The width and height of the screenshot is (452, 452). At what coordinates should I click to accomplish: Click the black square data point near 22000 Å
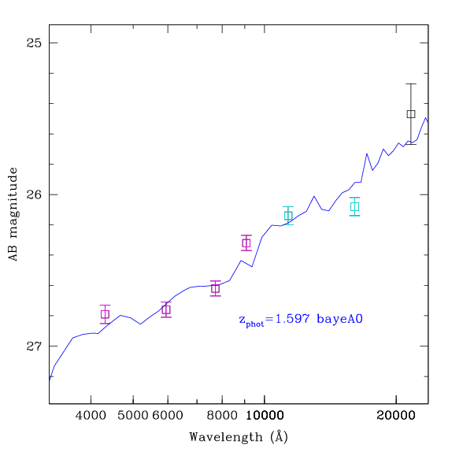tap(411, 114)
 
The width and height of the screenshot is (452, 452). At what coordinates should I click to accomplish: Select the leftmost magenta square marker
tap(105, 314)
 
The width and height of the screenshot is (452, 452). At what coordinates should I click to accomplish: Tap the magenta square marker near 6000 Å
tap(166, 310)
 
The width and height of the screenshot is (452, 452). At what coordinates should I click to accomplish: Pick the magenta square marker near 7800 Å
tap(215, 288)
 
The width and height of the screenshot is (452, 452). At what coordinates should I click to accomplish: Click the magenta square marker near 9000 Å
tap(246, 243)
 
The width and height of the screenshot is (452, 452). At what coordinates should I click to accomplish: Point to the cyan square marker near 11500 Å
tap(288, 216)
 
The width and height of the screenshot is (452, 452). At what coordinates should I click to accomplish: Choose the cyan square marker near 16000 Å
tap(354, 206)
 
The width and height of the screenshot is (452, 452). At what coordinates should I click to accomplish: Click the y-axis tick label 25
tap(34, 43)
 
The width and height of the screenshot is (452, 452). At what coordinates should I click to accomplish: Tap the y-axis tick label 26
tap(34, 195)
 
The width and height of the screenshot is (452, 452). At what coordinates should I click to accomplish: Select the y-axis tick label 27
tap(34, 346)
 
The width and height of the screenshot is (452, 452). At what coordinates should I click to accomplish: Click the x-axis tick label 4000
tap(91, 416)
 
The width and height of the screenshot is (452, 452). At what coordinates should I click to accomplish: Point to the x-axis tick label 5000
tap(133, 416)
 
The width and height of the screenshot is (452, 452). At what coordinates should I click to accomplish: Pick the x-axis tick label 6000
tap(168, 416)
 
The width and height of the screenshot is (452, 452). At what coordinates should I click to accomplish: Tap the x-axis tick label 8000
tap(222, 416)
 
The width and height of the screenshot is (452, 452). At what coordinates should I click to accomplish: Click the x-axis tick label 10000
tap(265, 416)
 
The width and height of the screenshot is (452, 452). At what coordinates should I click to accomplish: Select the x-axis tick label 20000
tap(396, 416)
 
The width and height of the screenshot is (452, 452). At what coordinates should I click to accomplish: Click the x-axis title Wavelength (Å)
tap(239, 437)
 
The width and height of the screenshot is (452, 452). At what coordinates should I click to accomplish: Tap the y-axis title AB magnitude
tap(13, 214)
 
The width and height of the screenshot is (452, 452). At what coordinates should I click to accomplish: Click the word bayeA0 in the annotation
tap(339, 320)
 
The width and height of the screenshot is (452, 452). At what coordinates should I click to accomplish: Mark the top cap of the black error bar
tap(411, 84)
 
